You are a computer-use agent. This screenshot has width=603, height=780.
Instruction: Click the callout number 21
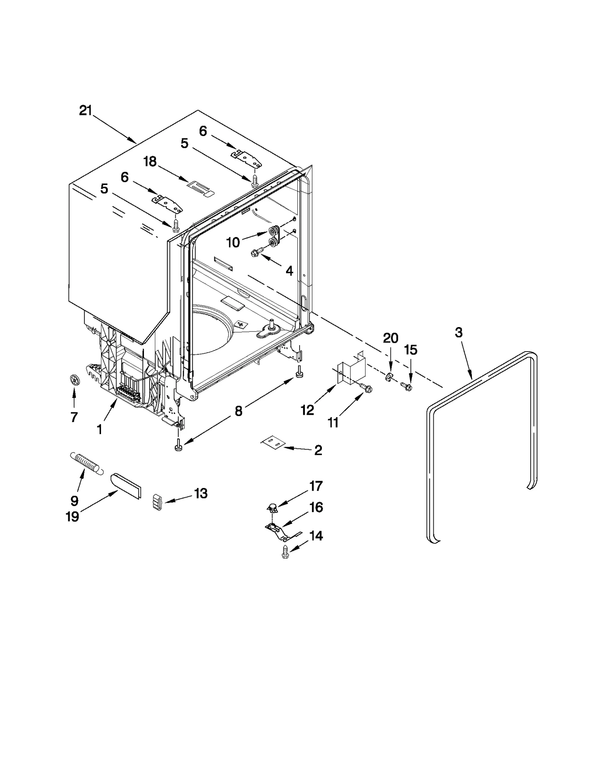click(86, 111)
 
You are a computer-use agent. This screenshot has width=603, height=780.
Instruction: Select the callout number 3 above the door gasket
click(458, 333)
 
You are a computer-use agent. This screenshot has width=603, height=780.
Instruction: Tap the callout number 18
click(150, 162)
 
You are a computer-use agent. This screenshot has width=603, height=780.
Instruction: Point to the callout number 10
click(233, 243)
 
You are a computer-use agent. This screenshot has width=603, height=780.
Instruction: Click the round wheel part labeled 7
click(75, 380)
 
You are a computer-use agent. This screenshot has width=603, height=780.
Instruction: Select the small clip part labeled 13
click(158, 503)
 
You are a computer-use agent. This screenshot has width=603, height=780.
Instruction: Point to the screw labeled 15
click(406, 386)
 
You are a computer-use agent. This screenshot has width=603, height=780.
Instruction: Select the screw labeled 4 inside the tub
click(256, 254)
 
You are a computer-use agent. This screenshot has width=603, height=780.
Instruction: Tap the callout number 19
click(72, 516)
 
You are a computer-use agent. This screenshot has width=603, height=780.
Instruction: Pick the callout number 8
click(238, 411)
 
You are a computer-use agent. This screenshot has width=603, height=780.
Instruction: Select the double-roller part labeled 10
click(275, 237)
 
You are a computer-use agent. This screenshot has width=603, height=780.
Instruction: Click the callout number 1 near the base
click(99, 429)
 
